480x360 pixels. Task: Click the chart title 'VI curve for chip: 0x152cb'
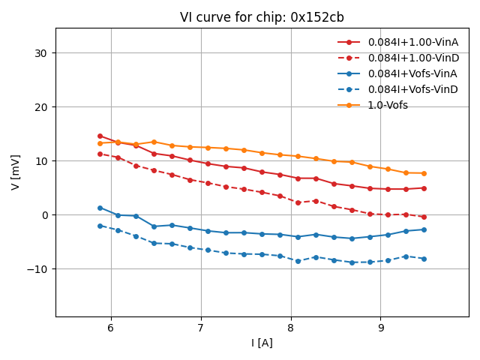(x=262, y=17)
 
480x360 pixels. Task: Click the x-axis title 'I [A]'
(x=262, y=343)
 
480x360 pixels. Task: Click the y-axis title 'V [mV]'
(x=16, y=172)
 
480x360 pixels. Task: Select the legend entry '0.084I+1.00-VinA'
(x=413, y=42)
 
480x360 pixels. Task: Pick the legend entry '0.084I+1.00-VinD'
(x=413, y=58)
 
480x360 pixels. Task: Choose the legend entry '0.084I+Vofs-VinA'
(x=412, y=73)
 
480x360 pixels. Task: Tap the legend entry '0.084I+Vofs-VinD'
(x=412, y=89)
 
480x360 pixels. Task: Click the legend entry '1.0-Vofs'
(x=388, y=105)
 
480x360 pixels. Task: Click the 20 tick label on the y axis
(x=41, y=107)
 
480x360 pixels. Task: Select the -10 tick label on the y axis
(x=38, y=269)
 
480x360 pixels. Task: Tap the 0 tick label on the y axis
(x=44, y=215)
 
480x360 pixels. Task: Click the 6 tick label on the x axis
(x=111, y=328)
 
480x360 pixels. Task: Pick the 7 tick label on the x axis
(x=201, y=328)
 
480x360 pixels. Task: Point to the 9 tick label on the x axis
(x=380, y=328)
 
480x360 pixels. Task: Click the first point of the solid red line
(x=100, y=136)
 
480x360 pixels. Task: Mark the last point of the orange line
(x=424, y=173)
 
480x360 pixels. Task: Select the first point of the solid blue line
(x=100, y=208)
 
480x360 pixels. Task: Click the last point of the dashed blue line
(x=424, y=259)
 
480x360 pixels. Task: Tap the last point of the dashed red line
(x=424, y=217)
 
